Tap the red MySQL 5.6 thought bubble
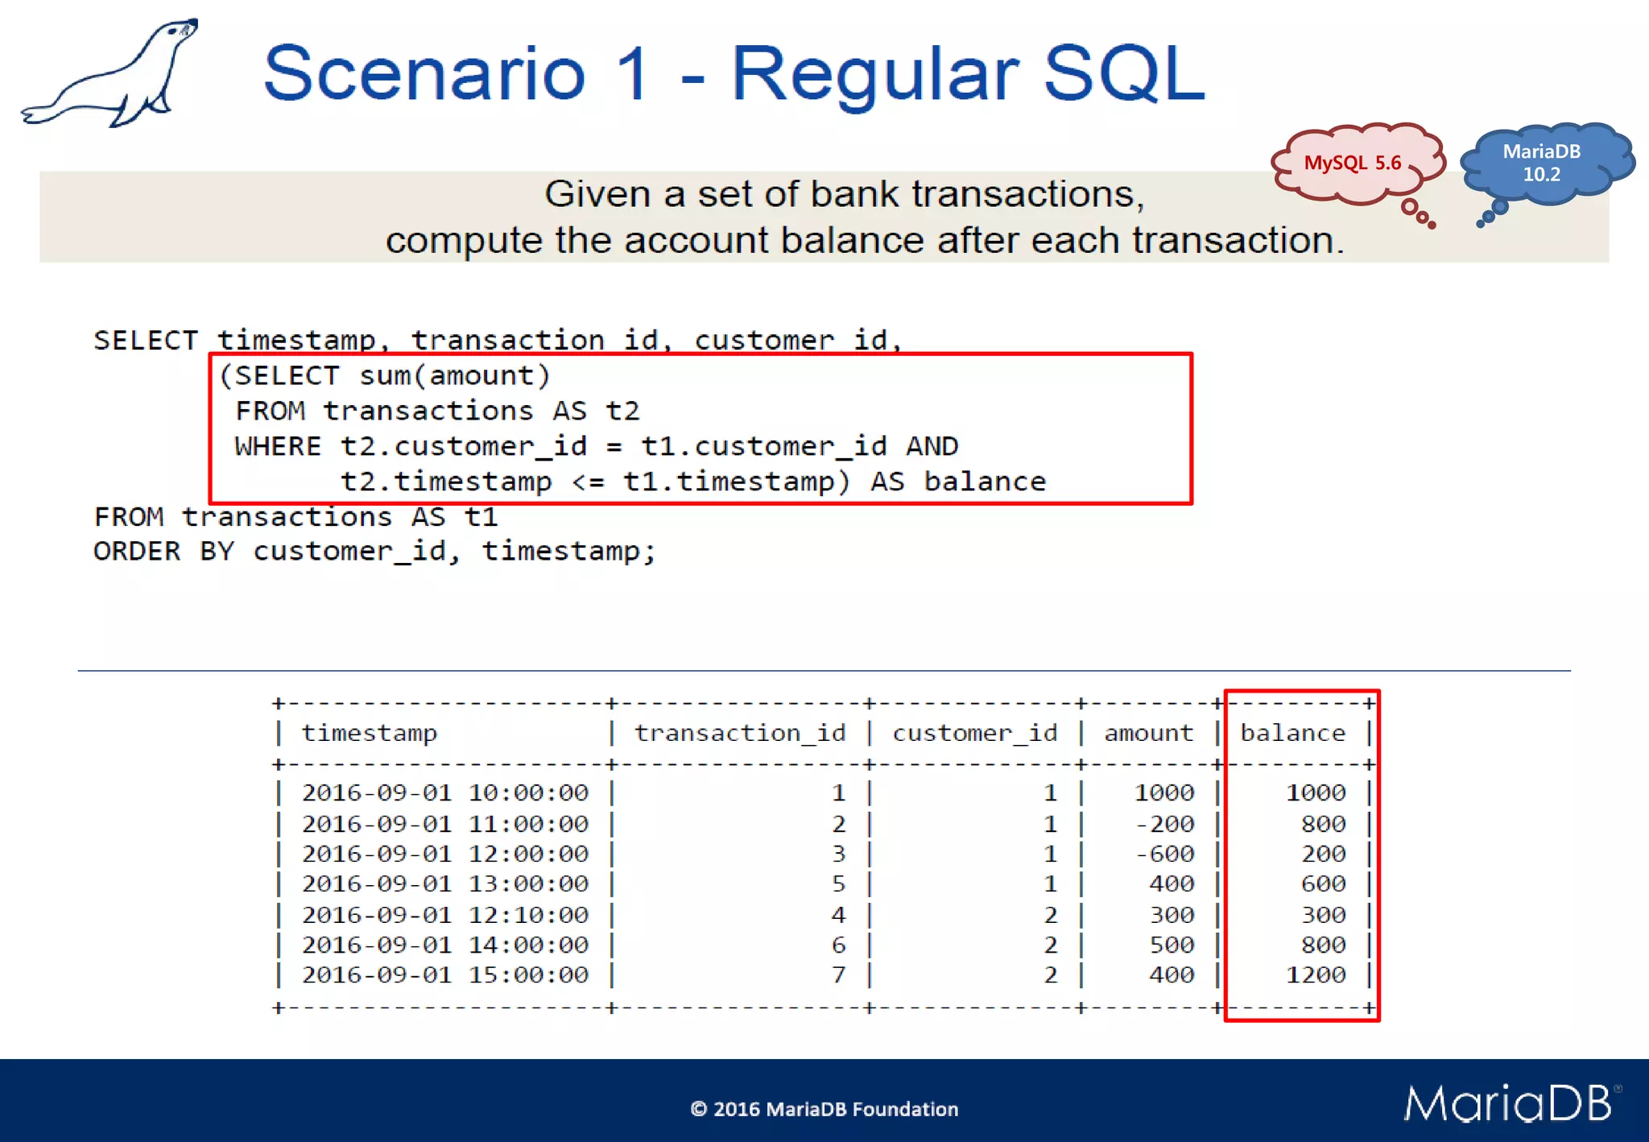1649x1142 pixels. [1353, 163]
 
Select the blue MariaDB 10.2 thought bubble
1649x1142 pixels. [1541, 163]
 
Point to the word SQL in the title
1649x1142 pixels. [1123, 74]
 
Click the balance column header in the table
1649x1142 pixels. [1292, 733]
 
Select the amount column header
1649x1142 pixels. [1148, 733]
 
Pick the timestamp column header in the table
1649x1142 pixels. [369, 733]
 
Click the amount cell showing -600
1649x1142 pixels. [1164, 854]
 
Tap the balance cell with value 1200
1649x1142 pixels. [1316, 975]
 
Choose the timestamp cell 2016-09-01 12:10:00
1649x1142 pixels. [445, 915]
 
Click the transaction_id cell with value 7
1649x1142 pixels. [838, 975]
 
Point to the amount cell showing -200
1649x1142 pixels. [1164, 824]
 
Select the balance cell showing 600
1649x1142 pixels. [1323, 884]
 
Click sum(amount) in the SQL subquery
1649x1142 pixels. [455, 376]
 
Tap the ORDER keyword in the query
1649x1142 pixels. [137, 552]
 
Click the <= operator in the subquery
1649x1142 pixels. [588, 482]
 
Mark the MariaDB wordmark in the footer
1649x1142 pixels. [1508, 1103]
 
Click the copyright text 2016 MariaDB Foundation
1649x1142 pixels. [824, 1109]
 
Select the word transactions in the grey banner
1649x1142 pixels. [1019, 194]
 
